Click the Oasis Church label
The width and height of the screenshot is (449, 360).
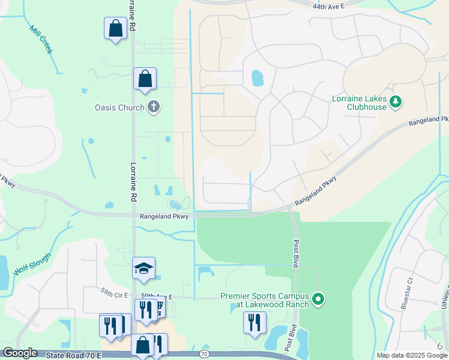click(119, 108)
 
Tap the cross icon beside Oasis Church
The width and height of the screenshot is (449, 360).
click(154, 107)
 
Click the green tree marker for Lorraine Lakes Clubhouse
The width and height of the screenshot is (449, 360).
click(395, 102)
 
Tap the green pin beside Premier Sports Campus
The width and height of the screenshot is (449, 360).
click(319, 298)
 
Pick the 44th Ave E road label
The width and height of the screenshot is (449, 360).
click(329, 6)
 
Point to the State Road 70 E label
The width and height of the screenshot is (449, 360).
click(71, 355)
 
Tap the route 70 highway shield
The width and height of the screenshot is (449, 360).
click(204, 355)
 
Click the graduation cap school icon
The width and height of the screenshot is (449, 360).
click(144, 268)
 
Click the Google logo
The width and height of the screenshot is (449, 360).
click(19, 353)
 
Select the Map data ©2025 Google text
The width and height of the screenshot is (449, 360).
click(411, 355)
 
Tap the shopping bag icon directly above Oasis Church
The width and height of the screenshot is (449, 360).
click(145, 79)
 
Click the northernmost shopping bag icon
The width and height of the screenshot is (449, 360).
click(115, 28)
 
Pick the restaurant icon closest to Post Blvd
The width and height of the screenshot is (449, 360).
click(255, 322)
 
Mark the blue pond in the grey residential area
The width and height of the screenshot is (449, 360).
click(257, 78)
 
